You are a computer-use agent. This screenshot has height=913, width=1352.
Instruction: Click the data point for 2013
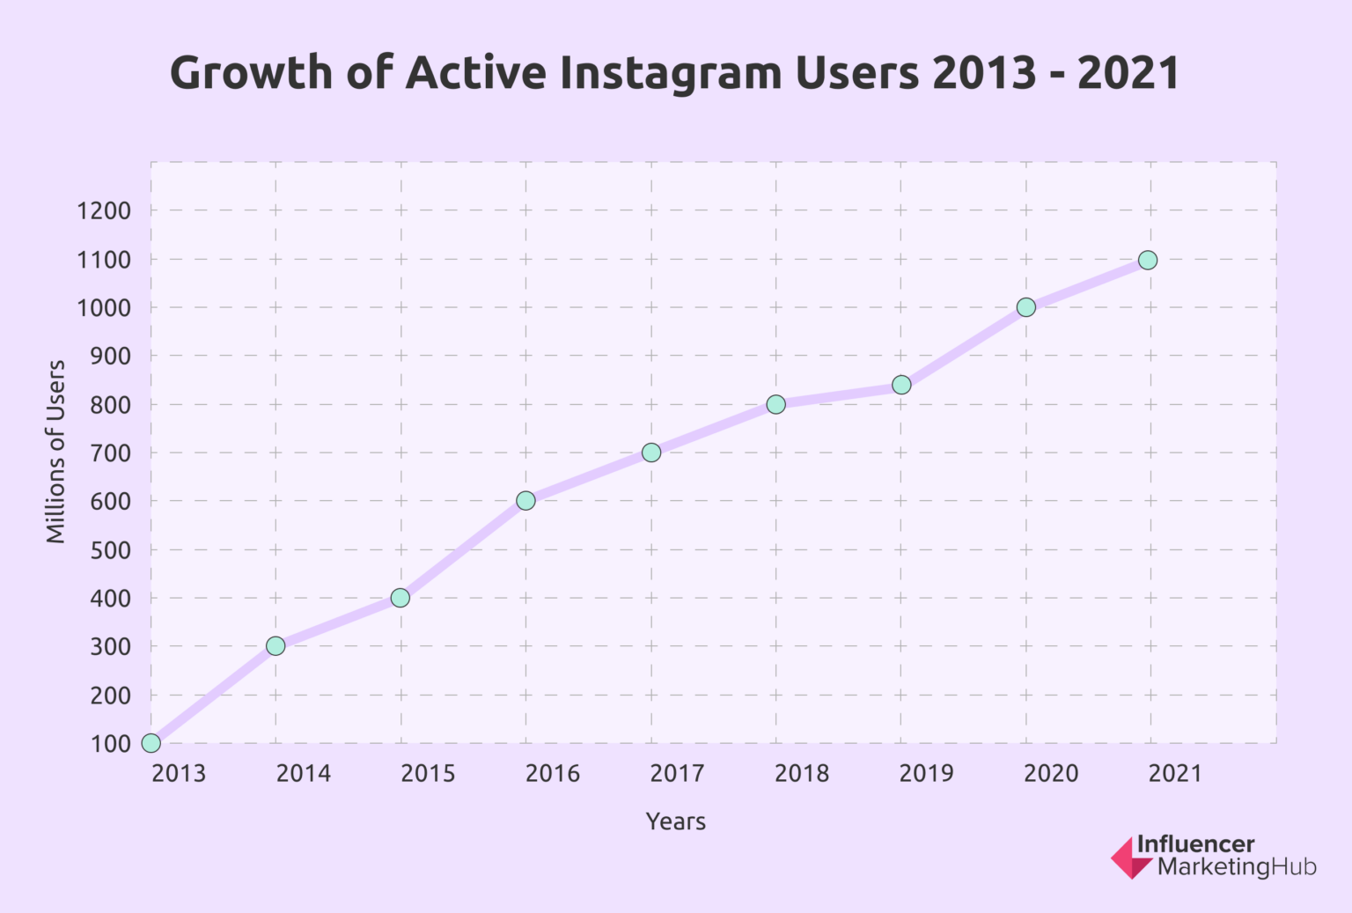(x=151, y=743)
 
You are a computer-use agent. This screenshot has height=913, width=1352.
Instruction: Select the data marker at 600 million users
(x=525, y=500)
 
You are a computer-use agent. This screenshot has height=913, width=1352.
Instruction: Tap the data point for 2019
(x=901, y=385)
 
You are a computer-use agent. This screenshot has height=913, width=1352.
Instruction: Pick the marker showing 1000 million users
(x=1025, y=307)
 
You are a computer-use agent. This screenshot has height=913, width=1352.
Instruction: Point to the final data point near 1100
(x=1148, y=260)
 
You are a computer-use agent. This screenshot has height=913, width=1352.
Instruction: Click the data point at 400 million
(x=400, y=598)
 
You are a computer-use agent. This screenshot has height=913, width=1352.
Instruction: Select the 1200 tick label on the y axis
(x=104, y=211)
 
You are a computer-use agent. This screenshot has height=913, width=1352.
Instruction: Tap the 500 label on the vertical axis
(x=111, y=550)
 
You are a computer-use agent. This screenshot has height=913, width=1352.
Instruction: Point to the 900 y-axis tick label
(x=111, y=357)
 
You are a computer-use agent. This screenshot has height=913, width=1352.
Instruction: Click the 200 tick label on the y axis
(x=111, y=696)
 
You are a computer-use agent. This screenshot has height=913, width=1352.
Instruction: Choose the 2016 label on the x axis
(x=553, y=774)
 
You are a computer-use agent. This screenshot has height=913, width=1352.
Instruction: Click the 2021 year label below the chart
(x=1175, y=774)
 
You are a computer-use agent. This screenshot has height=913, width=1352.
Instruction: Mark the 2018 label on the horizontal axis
(x=802, y=774)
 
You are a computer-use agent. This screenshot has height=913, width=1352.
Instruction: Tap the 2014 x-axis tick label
(x=304, y=774)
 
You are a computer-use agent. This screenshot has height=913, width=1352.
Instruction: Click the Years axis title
(x=676, y=821)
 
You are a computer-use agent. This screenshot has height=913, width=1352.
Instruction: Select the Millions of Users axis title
(x=56, y=452)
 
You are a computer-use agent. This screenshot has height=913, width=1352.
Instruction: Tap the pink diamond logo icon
(x=1129, y=858)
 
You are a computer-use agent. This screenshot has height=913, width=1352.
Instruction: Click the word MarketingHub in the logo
(x=1237, y=867)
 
